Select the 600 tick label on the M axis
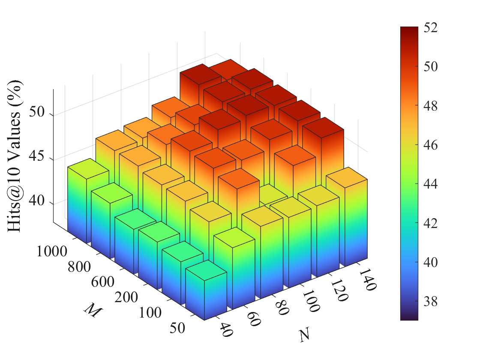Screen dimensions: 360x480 [103, 282]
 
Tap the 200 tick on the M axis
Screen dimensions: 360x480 [127, 298]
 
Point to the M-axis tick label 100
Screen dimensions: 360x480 [150, 313]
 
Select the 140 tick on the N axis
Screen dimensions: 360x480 [368, 279]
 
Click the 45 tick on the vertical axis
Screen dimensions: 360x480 [38, 159]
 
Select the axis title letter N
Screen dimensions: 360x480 [305, 335]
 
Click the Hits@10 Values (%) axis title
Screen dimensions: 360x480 [16, 156]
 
